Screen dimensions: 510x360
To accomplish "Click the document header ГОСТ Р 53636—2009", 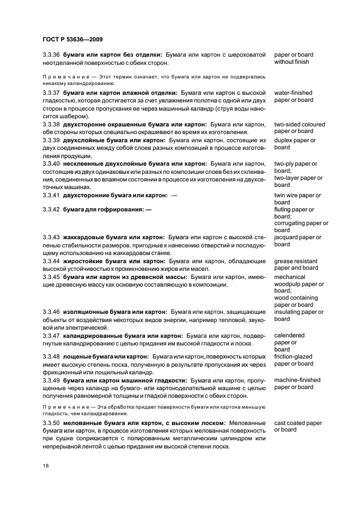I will (x=72, y=40).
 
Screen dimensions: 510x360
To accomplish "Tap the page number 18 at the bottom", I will (x=46, y=466).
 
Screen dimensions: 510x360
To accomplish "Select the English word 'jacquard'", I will (x=286, y=238).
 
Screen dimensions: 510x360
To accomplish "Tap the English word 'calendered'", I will (x=289, y=336).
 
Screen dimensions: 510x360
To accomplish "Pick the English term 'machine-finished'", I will (x=297, y=380).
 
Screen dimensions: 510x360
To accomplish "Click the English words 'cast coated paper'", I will (x=298, y=423).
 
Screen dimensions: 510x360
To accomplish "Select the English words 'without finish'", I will (x=291, y=62).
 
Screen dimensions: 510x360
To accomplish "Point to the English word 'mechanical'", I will (x=289, y=277).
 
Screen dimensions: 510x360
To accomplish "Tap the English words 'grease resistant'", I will (x=295, y=261).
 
